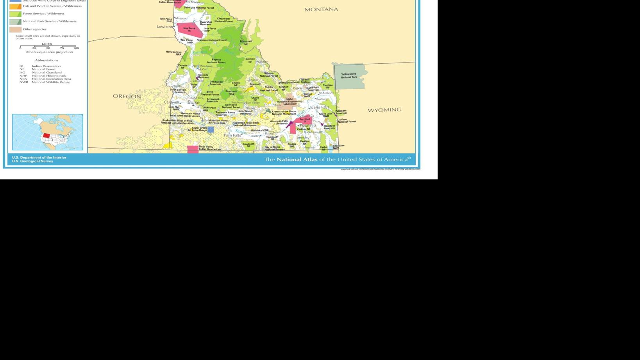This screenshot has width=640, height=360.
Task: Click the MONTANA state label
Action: [321, 9]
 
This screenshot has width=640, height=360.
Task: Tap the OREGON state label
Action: [127, 96]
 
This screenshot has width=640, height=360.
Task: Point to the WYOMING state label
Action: [384, 110]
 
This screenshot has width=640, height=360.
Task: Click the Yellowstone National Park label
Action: [349, 75]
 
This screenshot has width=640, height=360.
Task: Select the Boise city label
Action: [193, 102]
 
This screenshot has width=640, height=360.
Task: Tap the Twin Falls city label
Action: [232, 135]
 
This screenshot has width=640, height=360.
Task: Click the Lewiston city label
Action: [165, 27]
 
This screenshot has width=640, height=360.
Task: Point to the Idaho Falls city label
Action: [319, 107]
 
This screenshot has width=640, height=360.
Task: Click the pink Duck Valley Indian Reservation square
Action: [193, 149]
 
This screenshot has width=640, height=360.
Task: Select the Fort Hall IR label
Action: [305, 120]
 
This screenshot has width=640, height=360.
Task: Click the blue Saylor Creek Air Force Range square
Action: [211, 129]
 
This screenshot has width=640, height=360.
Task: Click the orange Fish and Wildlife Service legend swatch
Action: [15, 6]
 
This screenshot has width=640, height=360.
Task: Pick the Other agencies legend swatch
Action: [15, 29]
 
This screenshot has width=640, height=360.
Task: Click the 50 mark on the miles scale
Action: [48, 48]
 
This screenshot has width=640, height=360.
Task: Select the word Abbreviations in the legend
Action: [46, 60]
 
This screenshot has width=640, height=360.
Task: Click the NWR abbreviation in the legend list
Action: [23, 82]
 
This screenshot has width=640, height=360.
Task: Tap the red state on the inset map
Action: [46, 136]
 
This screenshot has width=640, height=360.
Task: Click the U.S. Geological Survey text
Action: [32, 161]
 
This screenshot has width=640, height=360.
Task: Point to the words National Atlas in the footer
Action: [297, 159]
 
